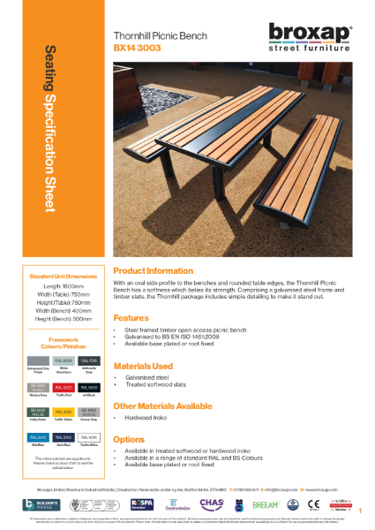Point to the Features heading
131,317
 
